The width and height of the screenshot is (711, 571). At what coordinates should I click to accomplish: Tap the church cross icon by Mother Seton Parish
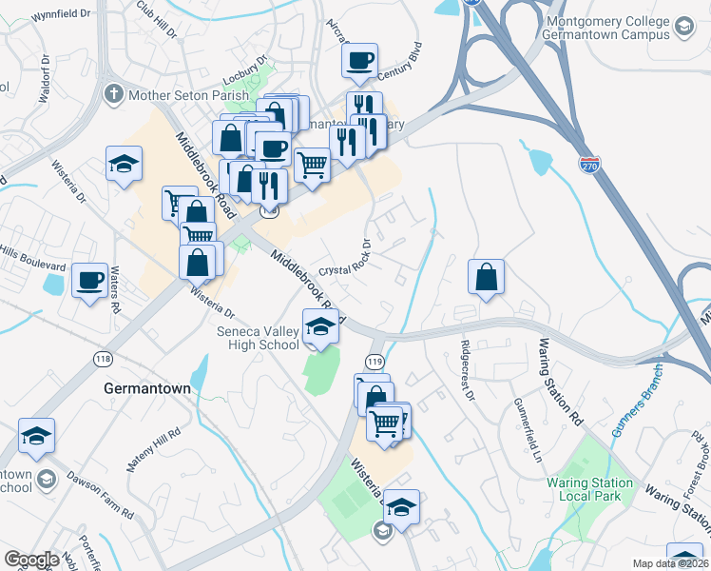click(113, 94)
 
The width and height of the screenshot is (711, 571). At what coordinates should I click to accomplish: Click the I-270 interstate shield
click(589, 166)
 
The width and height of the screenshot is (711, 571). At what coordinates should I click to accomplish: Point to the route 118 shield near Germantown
click(103, 358)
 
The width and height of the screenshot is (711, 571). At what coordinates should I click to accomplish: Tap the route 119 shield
click(375, 362)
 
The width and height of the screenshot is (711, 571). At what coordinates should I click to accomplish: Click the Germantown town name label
click(146, 389)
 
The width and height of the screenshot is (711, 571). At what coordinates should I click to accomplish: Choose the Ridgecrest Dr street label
click(466, 370)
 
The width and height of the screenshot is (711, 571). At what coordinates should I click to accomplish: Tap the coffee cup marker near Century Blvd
click(360, 60)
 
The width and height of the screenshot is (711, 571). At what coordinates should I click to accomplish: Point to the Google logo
click(31, 560)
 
